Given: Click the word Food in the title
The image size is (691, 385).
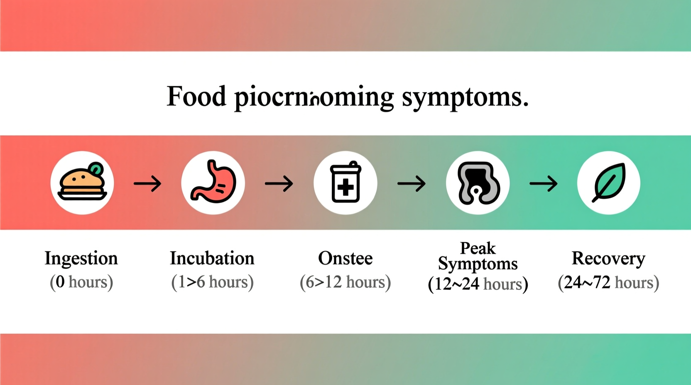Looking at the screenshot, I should [x=196, y=97].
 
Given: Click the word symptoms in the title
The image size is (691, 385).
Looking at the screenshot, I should [x=465, y=97].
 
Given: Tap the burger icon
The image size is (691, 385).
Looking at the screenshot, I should [x=82, y=183].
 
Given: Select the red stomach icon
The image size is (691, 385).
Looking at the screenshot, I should [x=213, y=183].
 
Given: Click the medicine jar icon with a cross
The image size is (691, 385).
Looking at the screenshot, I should [x=345, y=183].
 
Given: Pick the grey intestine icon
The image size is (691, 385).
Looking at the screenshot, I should [x=478, y=183].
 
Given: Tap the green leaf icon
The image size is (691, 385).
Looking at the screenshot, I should [x=609, y=183].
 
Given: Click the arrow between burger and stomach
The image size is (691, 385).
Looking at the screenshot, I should [x=147, y=183].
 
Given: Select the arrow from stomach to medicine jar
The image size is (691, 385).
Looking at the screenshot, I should [x=279, y=183].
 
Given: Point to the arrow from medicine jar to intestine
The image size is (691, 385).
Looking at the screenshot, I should [x=412, y=183].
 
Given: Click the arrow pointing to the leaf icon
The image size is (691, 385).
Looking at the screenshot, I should [x=544, y=183].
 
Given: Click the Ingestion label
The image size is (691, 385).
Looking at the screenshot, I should [x=81, y=258].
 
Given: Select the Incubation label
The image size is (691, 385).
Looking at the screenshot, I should [x=212, y=258].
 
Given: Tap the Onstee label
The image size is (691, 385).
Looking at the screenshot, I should [x=345, y=258].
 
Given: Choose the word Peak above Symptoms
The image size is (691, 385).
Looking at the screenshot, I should [x=478, y=248].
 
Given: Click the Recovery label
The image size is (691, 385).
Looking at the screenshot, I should [x=608, y=258].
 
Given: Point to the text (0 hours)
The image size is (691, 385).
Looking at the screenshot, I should [x=81, y=282].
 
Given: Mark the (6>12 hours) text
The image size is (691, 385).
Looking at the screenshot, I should [x=345, y=282].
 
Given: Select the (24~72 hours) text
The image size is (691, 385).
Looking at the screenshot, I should [x=608, y=283].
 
